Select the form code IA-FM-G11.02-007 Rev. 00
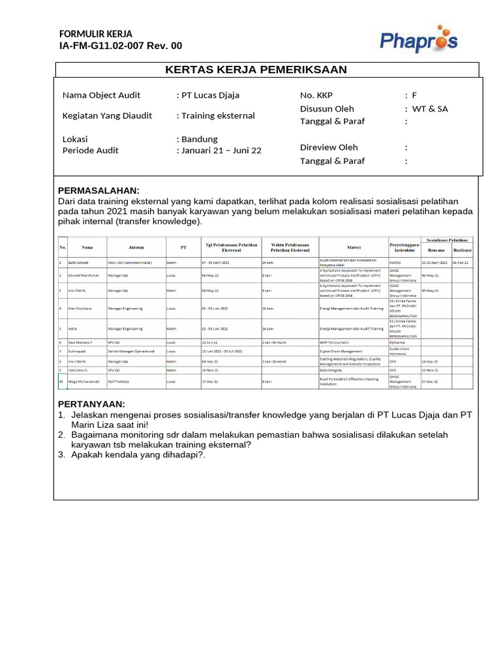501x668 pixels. pos(121,46)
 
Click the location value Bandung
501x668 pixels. pos(200,139)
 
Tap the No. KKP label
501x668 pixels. pos(316,95)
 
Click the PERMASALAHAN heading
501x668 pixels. pos(99,190)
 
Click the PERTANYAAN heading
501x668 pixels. pos(91,404)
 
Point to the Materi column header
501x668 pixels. pos(354,248)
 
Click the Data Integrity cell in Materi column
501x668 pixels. pos(332,369)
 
